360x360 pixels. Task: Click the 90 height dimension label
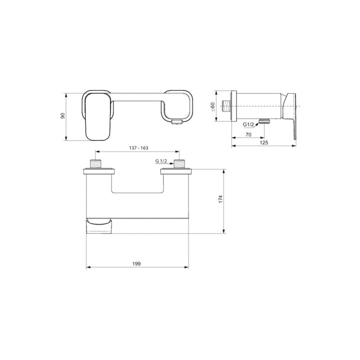(x=62, y=116)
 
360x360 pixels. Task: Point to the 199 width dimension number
(x=137, y=263)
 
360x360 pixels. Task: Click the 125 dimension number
(x=264, y=142)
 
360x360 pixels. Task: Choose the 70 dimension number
(x=248, y=134)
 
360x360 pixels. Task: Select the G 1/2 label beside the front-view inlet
(x=161, y=161)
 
